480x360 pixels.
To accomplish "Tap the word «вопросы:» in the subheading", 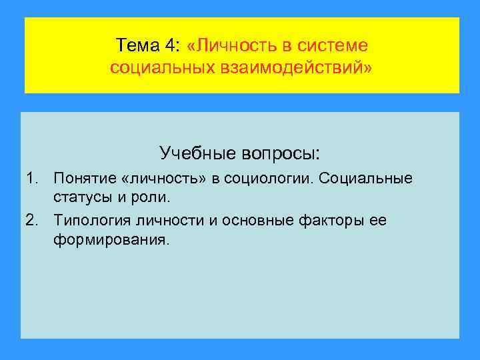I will pyautogui.click(x=281, y=153).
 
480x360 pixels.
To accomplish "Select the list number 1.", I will pyautogui.click(x=31, y=179).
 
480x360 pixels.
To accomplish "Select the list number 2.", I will pyautogui.click(x=31, y=220).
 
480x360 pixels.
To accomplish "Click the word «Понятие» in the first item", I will pyautogui.click(x=82, y=179).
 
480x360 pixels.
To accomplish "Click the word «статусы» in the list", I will pyautogui.click(x=81, y=198).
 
